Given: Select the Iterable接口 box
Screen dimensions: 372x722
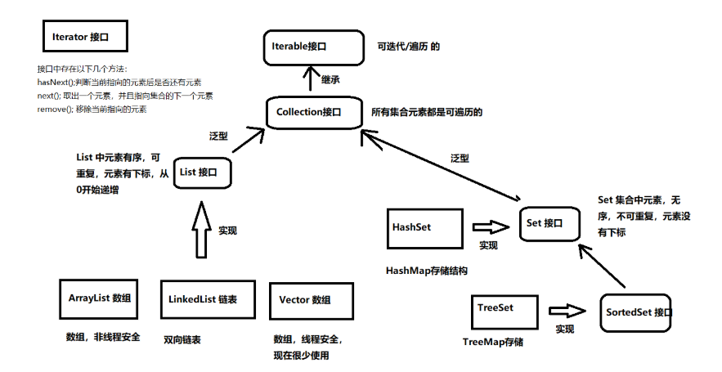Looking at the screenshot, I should (312, 47).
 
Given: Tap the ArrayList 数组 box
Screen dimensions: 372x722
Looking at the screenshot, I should (98, 298).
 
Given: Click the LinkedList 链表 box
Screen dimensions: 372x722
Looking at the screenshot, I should (202, 300).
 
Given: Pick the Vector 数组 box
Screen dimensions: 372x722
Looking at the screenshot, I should (311, 300).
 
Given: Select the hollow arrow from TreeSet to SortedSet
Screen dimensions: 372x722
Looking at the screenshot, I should (567, 311).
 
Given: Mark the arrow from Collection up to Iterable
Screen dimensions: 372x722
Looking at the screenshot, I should (310, 80).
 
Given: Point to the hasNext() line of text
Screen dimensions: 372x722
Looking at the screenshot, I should (119, 83).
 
